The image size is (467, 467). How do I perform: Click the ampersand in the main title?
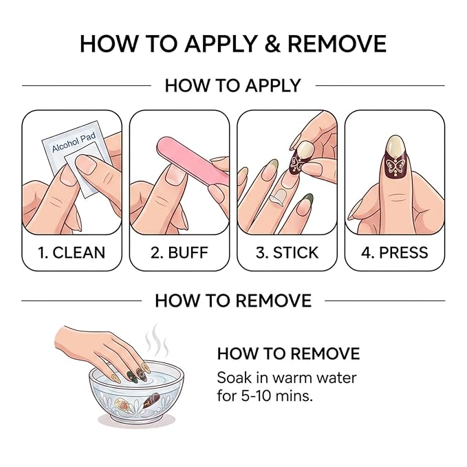coord(272,44)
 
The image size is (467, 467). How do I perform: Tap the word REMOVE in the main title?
coord(337,44)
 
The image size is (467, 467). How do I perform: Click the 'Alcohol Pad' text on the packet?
coord(74,142)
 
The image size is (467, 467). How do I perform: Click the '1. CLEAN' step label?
coord(72,252)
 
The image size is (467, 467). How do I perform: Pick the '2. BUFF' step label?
coord(180,252)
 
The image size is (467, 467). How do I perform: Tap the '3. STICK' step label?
coord(287,252)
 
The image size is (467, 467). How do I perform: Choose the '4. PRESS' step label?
coord(395,252)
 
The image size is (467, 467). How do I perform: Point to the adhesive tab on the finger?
coord(278,197)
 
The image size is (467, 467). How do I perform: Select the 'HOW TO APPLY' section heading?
coord(233,86)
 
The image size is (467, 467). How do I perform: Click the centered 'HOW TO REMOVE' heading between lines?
coord(233,301)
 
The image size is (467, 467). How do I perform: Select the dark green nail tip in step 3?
coord(307,199)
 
